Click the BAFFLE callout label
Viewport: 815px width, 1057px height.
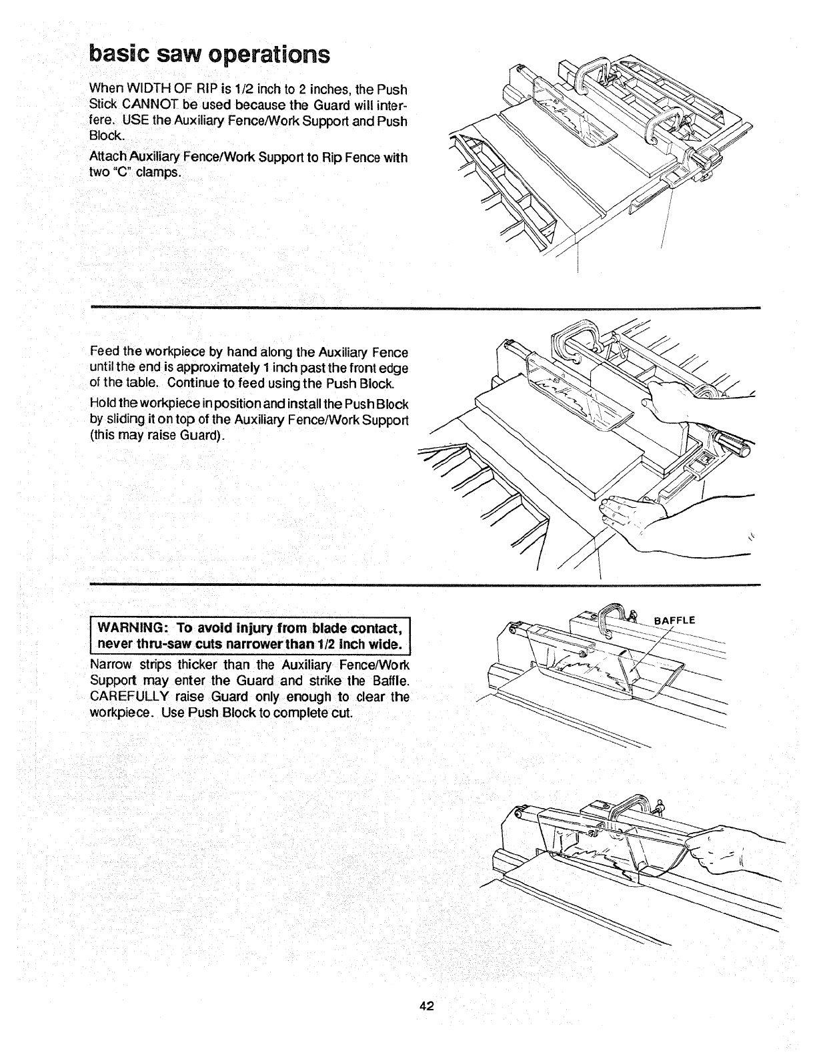[x=675, y=620]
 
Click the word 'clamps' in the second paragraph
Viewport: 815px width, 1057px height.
[x=160, y=173]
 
